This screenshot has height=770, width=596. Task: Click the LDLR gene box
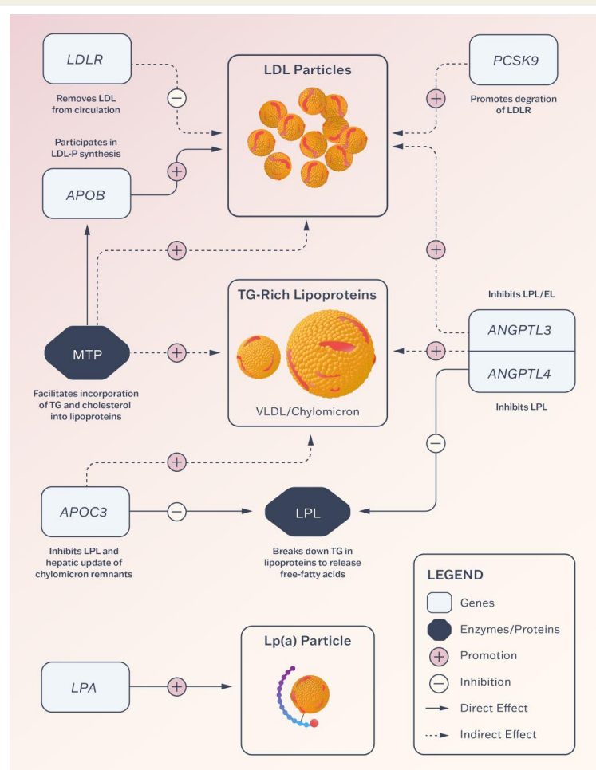[x=87, y=59]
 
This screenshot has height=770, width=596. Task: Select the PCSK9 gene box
[x=514, y=60]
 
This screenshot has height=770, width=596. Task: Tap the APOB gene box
[x=86, y=194]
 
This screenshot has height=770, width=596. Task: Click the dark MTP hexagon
[x=88, y=353]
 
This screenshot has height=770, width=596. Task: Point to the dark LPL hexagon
[x=308, y=512]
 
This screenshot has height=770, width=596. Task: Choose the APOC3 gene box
[x=85, y=512]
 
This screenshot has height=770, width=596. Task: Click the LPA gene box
[x=85, y=687]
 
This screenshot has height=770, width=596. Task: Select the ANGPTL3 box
[x=522, y=330]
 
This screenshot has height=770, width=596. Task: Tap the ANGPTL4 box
[x=522, y=372]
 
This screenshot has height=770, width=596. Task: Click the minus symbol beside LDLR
[x=177, y=98]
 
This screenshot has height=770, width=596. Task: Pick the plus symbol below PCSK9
[x=436, y=99]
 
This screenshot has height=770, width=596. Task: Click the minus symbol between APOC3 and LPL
[x=177, y=511]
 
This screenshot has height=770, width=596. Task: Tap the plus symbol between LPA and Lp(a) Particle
[x=177, y=686]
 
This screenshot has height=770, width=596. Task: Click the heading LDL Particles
[x=308, y=69]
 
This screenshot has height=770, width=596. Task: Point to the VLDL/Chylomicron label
[x=308, y=411]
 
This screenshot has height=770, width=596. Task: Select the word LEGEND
[x=455, y=575]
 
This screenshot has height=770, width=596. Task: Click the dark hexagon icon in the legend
[x=440, y=629]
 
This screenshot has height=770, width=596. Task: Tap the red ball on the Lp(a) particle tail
[x=314, y=723]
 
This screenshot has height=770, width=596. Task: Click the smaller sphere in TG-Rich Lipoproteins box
[x=259, y=357]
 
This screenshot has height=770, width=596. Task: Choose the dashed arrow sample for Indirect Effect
[x=437, y=735]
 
